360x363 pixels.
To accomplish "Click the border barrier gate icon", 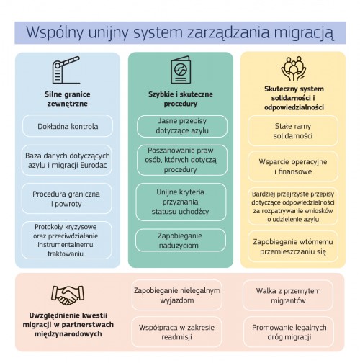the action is pos(66,70).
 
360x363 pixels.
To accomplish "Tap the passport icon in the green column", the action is pos(181,70).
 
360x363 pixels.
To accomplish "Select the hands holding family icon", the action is pos(293,69).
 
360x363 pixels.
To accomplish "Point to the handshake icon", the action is pos(68,295).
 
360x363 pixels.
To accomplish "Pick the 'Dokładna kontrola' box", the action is pos(68,126).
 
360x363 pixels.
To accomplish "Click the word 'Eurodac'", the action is pos(94,165).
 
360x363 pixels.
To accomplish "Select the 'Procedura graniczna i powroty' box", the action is pos(66,199).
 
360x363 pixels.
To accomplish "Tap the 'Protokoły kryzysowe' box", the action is pos(66,240).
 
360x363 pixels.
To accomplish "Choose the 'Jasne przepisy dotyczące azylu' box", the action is pos(182,126).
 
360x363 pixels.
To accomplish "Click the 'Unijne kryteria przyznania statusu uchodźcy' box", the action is pos(181,202).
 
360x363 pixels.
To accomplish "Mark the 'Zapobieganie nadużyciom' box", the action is pos(181,241).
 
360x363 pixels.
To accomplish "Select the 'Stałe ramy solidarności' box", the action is pos(293,131).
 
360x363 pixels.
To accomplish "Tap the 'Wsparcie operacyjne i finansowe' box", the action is pos(293,166).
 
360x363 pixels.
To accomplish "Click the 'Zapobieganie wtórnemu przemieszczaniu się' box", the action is pos(293,246).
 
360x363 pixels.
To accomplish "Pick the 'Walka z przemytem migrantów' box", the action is pos(288,295).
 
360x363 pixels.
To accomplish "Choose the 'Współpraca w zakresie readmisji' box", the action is pos(176,332).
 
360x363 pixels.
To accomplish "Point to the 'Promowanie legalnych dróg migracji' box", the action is pos(289,332).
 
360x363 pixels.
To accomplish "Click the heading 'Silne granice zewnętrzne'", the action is pos(68,99).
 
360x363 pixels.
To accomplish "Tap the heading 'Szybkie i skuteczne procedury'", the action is pos(181,99).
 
